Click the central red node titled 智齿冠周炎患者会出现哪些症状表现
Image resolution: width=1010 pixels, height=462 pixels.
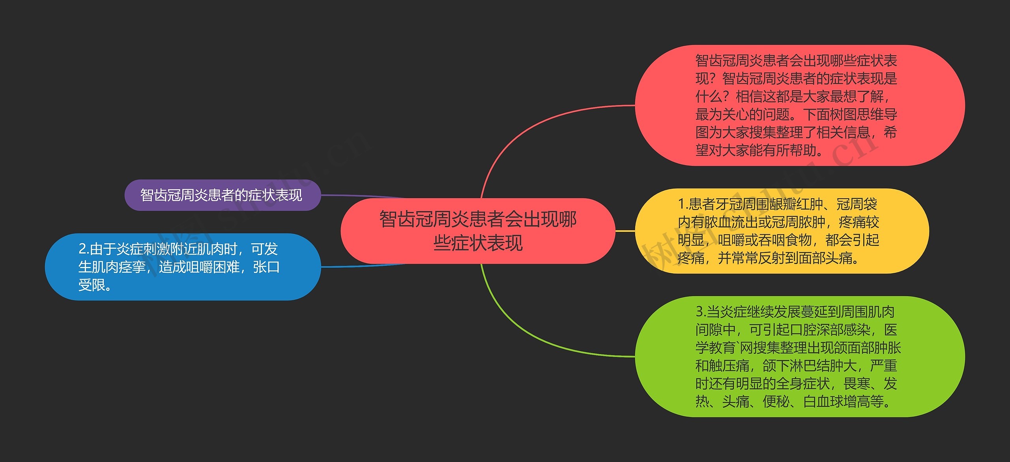[477, 231]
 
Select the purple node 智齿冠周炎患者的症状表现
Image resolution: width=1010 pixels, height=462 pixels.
[222, 195]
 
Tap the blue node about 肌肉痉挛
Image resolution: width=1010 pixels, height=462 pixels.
[182, 267]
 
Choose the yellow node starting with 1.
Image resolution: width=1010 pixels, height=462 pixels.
[781, 231]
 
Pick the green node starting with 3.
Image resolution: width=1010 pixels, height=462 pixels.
[799, 357]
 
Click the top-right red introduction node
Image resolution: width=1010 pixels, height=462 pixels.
[799, 105]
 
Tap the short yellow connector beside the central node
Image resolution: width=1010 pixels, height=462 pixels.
[625, 231]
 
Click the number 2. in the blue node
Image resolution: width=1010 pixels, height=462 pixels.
[84, 249]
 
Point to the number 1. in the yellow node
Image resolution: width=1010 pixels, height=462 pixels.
[683, 204]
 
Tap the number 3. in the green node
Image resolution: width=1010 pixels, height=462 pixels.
[701, 312]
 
